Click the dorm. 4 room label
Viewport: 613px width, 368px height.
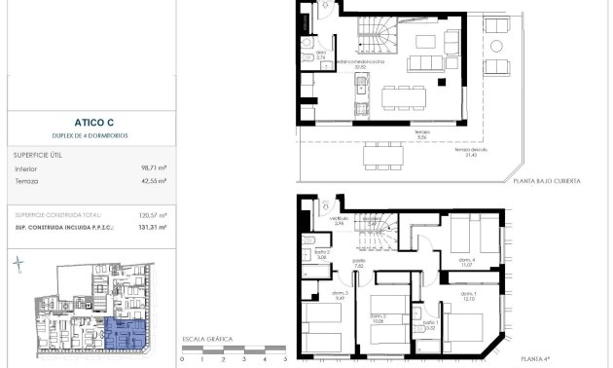pyautogui.click(x=467, y=262)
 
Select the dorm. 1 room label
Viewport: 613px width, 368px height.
pyautogui.click(x=468, y=296)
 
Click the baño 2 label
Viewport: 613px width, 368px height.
pyautogui.click(x=322, y=255)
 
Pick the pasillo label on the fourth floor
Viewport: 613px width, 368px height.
pyautogui.click(x=359, y=263)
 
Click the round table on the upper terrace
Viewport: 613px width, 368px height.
pyautogui.click(x=496, y=46)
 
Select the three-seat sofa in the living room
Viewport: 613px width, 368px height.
pyautogui.click(x=424, y=63)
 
